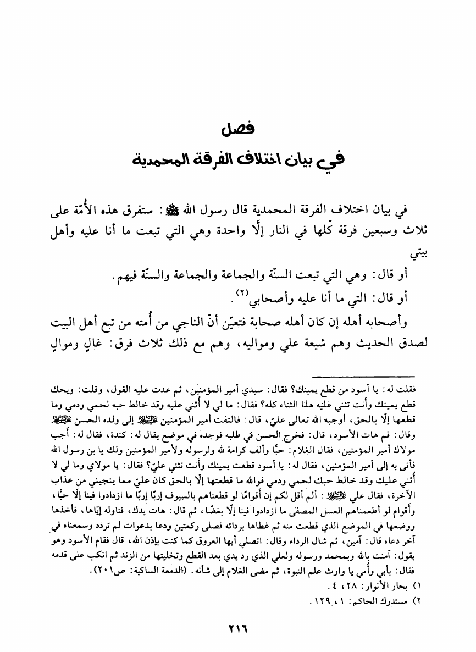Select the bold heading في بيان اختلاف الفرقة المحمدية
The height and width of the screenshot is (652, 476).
click(238, 161)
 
